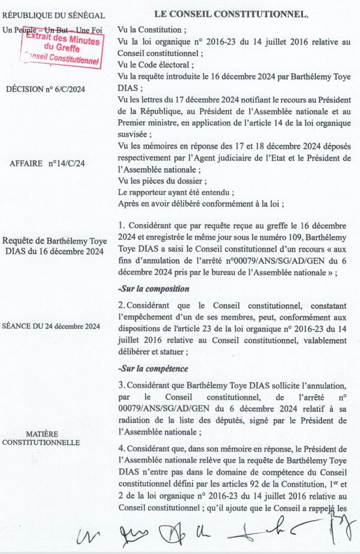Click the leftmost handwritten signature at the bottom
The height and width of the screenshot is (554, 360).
pyautogui.click(x=85, y=536)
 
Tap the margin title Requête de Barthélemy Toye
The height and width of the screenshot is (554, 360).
pyautogui.click(x=53, y=241)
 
